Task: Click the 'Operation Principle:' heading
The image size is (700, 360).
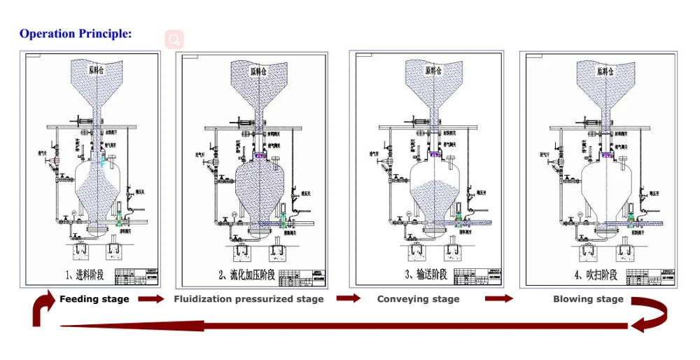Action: [76, 34]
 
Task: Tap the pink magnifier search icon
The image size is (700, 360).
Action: [174, 39]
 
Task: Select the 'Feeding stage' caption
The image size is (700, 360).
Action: [94, 299]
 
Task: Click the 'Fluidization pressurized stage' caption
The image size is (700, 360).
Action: [248, 299]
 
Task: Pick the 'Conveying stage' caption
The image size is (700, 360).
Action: [419, 299]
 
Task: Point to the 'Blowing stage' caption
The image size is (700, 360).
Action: [588, 299]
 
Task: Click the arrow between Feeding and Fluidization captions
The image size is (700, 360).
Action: [151, 299]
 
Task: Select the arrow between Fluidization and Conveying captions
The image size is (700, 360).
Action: [349, 298]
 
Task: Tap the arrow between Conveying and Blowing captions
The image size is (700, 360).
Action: [499, 299]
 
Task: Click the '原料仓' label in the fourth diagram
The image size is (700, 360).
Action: [605, 71]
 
